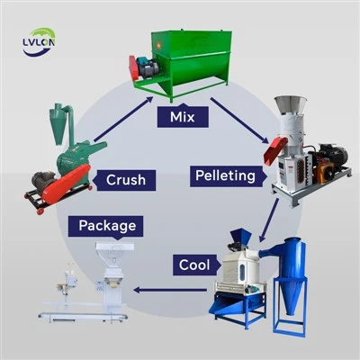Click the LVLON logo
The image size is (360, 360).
(x=39, y=42)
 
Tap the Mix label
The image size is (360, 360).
(x=183, y=116)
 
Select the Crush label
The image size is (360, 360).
(x=124, y=180)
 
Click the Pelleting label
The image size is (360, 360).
(x=228, y=175)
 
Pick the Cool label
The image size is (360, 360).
(x=196, y=265)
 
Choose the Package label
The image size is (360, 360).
(x=106, y=227)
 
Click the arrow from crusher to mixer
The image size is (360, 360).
(x=123, y=119)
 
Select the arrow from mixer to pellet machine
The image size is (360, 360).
(x=239, y=121)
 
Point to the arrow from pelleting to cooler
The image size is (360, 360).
(x=269, y=220)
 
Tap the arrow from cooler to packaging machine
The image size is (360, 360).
(x=170, y=290)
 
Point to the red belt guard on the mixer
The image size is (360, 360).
(x=133, y=67)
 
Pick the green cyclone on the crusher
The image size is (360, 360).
(x=61, y=123)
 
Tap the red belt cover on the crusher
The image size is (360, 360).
(x=67, y=184)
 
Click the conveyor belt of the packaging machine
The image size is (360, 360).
(x=83, y=316)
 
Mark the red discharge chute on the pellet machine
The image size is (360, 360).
(x=275, y=150)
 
